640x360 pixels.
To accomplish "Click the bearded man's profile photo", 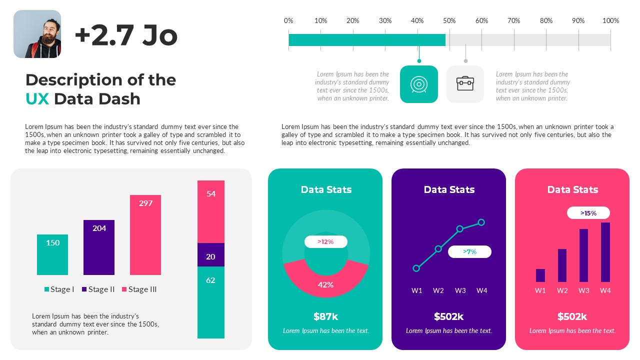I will [x=37, y=34].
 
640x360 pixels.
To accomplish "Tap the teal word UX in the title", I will [x=37, y=99].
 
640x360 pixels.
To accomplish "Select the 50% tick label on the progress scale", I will [x=449, y=20].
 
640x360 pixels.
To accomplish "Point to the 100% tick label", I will [x=610, y=20].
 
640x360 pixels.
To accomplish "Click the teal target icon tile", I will [x=419, y=84].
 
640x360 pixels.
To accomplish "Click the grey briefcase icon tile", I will [x=465, y=84].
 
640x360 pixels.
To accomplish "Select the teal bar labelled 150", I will [x=52, y=254].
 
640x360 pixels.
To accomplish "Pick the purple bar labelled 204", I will [x=99, y=247].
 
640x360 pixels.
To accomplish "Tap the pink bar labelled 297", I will [x=145, y=235].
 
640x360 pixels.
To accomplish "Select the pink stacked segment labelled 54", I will [x=210, y=211].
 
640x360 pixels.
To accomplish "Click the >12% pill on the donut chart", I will [x=325, y=242].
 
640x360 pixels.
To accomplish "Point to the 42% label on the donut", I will [x=325, y=285].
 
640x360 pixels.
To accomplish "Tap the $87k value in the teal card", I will [x=325, y=316].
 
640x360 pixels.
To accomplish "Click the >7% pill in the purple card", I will [x=469, y=252].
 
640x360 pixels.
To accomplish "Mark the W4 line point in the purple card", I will [x=481, y=222].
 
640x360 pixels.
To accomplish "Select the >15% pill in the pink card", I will [x=588, y=213].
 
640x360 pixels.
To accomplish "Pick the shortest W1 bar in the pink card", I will [x=540, y=275].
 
